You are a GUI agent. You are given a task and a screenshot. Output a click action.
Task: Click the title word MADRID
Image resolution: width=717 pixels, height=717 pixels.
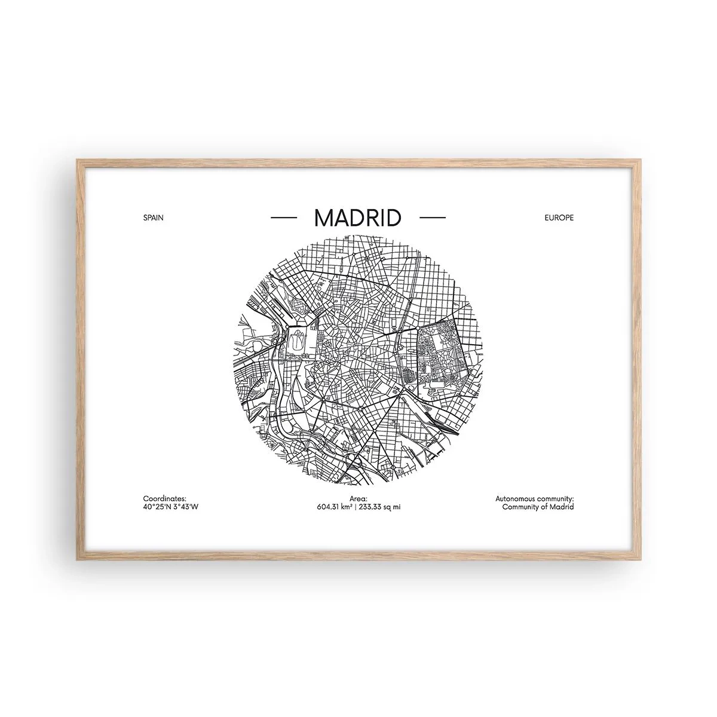(x=357, y=218)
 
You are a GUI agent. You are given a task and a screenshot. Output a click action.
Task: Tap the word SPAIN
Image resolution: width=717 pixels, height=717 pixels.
(x=153, y=218)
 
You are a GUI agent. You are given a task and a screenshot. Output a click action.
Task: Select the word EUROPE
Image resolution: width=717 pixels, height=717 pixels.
(x=559, y=218)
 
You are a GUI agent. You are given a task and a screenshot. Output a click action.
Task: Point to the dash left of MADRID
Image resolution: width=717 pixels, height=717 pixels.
(x=284, y=218)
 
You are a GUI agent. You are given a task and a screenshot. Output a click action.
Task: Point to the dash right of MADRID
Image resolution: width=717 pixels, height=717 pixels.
(x=433, y=218)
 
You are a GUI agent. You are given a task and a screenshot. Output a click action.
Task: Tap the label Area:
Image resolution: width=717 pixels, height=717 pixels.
(x=358, y=498)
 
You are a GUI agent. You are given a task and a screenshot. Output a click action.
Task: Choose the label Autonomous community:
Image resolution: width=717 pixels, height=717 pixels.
(x=534, y=498)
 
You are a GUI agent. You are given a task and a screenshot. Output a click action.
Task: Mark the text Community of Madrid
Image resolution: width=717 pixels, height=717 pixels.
(x=538, y=507)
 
